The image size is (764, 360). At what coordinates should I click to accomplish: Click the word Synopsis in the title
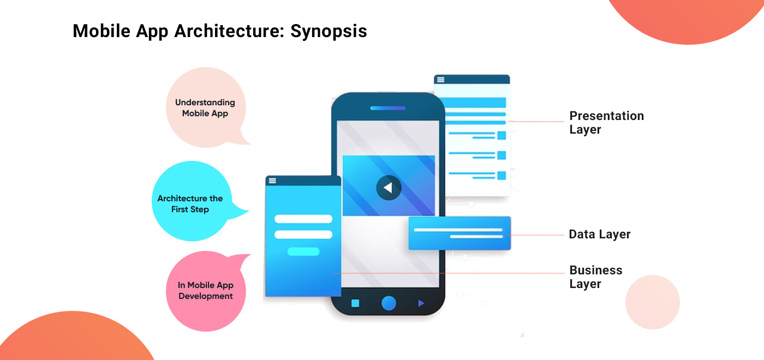point(329,31)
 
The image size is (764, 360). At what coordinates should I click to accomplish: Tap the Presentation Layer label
point(606,123)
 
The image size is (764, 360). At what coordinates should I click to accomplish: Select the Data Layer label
point(599,235)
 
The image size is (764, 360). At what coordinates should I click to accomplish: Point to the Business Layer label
point(595,277)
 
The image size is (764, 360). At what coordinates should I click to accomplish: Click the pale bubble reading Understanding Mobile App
point(205,108)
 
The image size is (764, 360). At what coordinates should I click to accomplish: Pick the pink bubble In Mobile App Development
point(206,291)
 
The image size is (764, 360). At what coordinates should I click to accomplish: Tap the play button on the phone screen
point(388,188)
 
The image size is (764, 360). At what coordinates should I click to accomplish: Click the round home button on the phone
point(389,303)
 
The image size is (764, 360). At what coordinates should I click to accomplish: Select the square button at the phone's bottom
point(355,303)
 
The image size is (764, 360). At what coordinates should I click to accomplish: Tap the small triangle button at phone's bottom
point(421,303)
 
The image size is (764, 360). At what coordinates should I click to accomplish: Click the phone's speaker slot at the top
point(388,108)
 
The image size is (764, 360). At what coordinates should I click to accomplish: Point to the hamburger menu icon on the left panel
point(272,181)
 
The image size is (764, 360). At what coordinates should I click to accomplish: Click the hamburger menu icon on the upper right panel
point(440,80)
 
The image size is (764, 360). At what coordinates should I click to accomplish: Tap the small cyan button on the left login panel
point(303,251)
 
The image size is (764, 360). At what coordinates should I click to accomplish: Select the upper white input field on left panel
point(303,219)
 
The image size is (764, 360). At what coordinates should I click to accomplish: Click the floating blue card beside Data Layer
point(459,233)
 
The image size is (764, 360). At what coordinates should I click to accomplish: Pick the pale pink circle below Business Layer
point(652,302)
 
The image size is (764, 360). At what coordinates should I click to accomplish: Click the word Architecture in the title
point(229,31)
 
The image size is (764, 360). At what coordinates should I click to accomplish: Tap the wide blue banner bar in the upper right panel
point(473,103)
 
